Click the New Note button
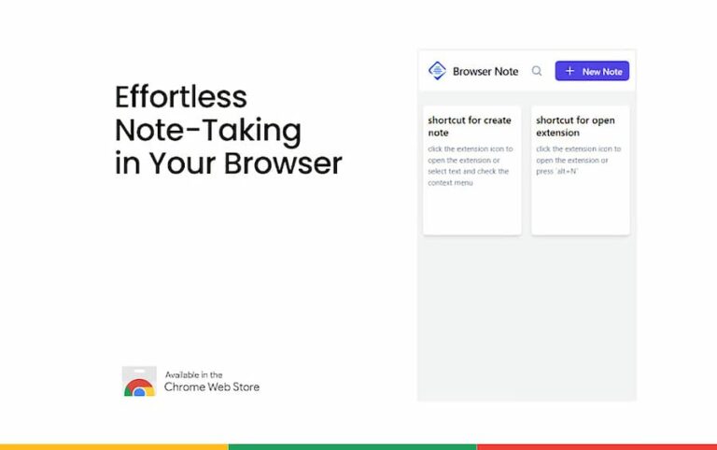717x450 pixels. pos(592,71)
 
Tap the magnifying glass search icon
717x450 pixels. pos(537,71)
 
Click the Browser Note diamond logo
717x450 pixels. pos(437,71)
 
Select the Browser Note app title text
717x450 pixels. pos(485,71)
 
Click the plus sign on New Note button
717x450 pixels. pos(569,71)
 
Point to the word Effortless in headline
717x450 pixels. pos(181,97)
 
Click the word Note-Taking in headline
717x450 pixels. pos(207,130)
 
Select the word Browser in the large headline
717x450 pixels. pos(284,162)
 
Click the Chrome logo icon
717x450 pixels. pos(139,386)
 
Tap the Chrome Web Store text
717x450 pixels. pos(212,387)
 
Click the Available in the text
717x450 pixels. pos(194,374)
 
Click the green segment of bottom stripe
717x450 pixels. pos(352,446)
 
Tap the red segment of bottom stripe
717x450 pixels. pos(597,446)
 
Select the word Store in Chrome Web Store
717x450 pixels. pos(245,387)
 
